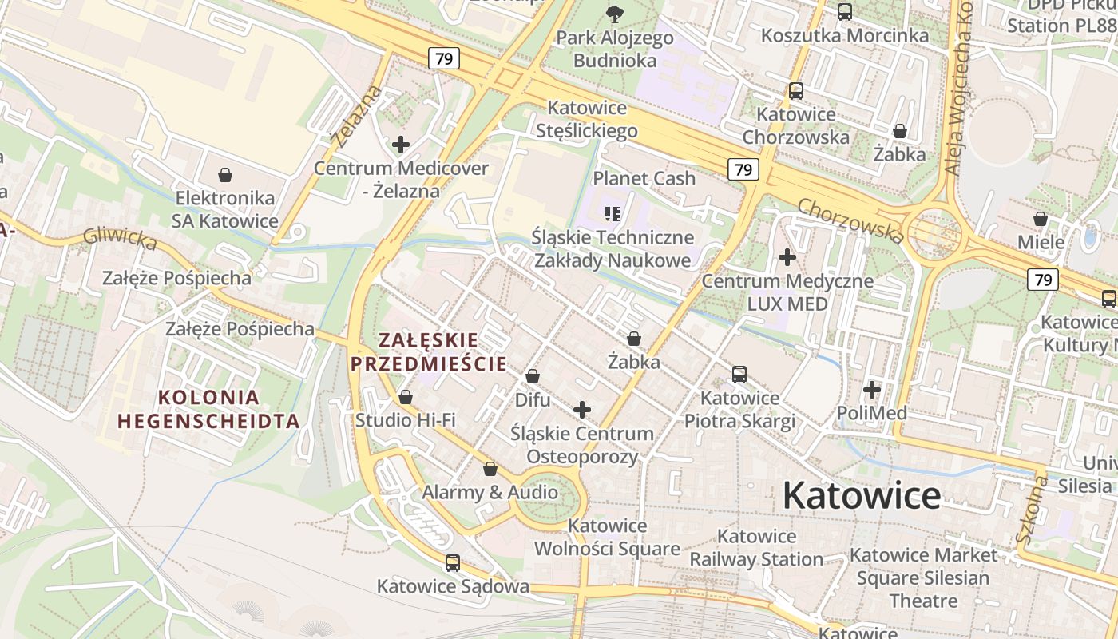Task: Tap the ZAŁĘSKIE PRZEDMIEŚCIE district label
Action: (x=428, y=351)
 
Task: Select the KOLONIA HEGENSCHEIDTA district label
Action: (x=208, y=409)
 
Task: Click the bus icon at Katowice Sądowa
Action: (x=453, y=563)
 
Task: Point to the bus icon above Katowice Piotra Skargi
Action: (x=739, y=375)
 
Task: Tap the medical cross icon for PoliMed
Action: (x=872, y=390)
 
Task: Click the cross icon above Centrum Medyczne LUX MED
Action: (x=787, y=257)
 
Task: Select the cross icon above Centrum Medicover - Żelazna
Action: (x=401, y=145)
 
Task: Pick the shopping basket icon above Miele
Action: (x=1041, y=219)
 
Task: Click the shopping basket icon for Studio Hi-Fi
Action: (x=406, y=397)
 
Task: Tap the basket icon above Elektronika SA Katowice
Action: (x=226, y=175)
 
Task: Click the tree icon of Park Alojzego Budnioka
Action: (x=615, y=14)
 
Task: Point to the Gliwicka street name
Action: (x=120, y=238)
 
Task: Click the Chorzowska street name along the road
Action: (x=851, y=220)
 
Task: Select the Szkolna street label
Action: (x=1030, y=508)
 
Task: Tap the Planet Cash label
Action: (x=644, y=178)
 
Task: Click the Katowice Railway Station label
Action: (x=756, y=547)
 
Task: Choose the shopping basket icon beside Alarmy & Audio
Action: (x=490, y=469)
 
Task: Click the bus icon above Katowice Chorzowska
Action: (x=796, y=91)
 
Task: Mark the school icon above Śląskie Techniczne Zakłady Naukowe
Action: (x=613, y=213)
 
